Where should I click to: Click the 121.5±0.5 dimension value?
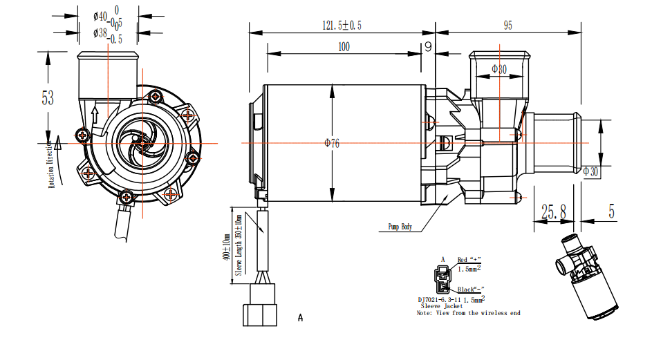pos(342,25)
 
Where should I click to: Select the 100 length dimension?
pos(344,47)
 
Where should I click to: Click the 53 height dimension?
pos(47,97)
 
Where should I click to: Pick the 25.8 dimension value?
pos(553,212)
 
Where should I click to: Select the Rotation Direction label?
pos(51,164)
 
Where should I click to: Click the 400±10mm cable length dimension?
pos(225,246)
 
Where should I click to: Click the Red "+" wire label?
pos(469,260)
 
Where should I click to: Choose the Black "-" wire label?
pos(468,289)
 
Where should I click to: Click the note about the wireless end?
pos(468,313)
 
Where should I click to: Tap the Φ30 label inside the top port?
pos(499,68)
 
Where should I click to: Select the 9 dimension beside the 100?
pos(428,47)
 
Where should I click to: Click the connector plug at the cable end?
pos(260,312)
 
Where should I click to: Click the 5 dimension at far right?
pos(611,212)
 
